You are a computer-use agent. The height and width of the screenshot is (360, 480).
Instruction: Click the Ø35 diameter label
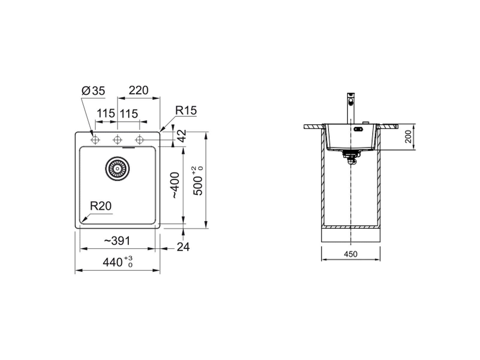(93, 91)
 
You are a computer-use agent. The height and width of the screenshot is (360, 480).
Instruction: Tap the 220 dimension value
(138, 90)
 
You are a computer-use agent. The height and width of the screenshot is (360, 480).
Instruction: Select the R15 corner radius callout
(186, 110)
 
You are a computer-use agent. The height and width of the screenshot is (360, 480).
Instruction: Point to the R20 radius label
(100, 206)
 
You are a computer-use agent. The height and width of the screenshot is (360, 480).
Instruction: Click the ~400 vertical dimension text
(175, 185)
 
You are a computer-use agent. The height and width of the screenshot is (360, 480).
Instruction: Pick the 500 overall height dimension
(198, 181)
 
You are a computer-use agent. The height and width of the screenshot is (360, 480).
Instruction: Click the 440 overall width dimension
(118, 262)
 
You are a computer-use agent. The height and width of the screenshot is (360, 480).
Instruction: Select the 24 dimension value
(183, 247)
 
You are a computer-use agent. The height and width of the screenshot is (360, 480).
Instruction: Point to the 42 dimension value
(182, 136)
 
